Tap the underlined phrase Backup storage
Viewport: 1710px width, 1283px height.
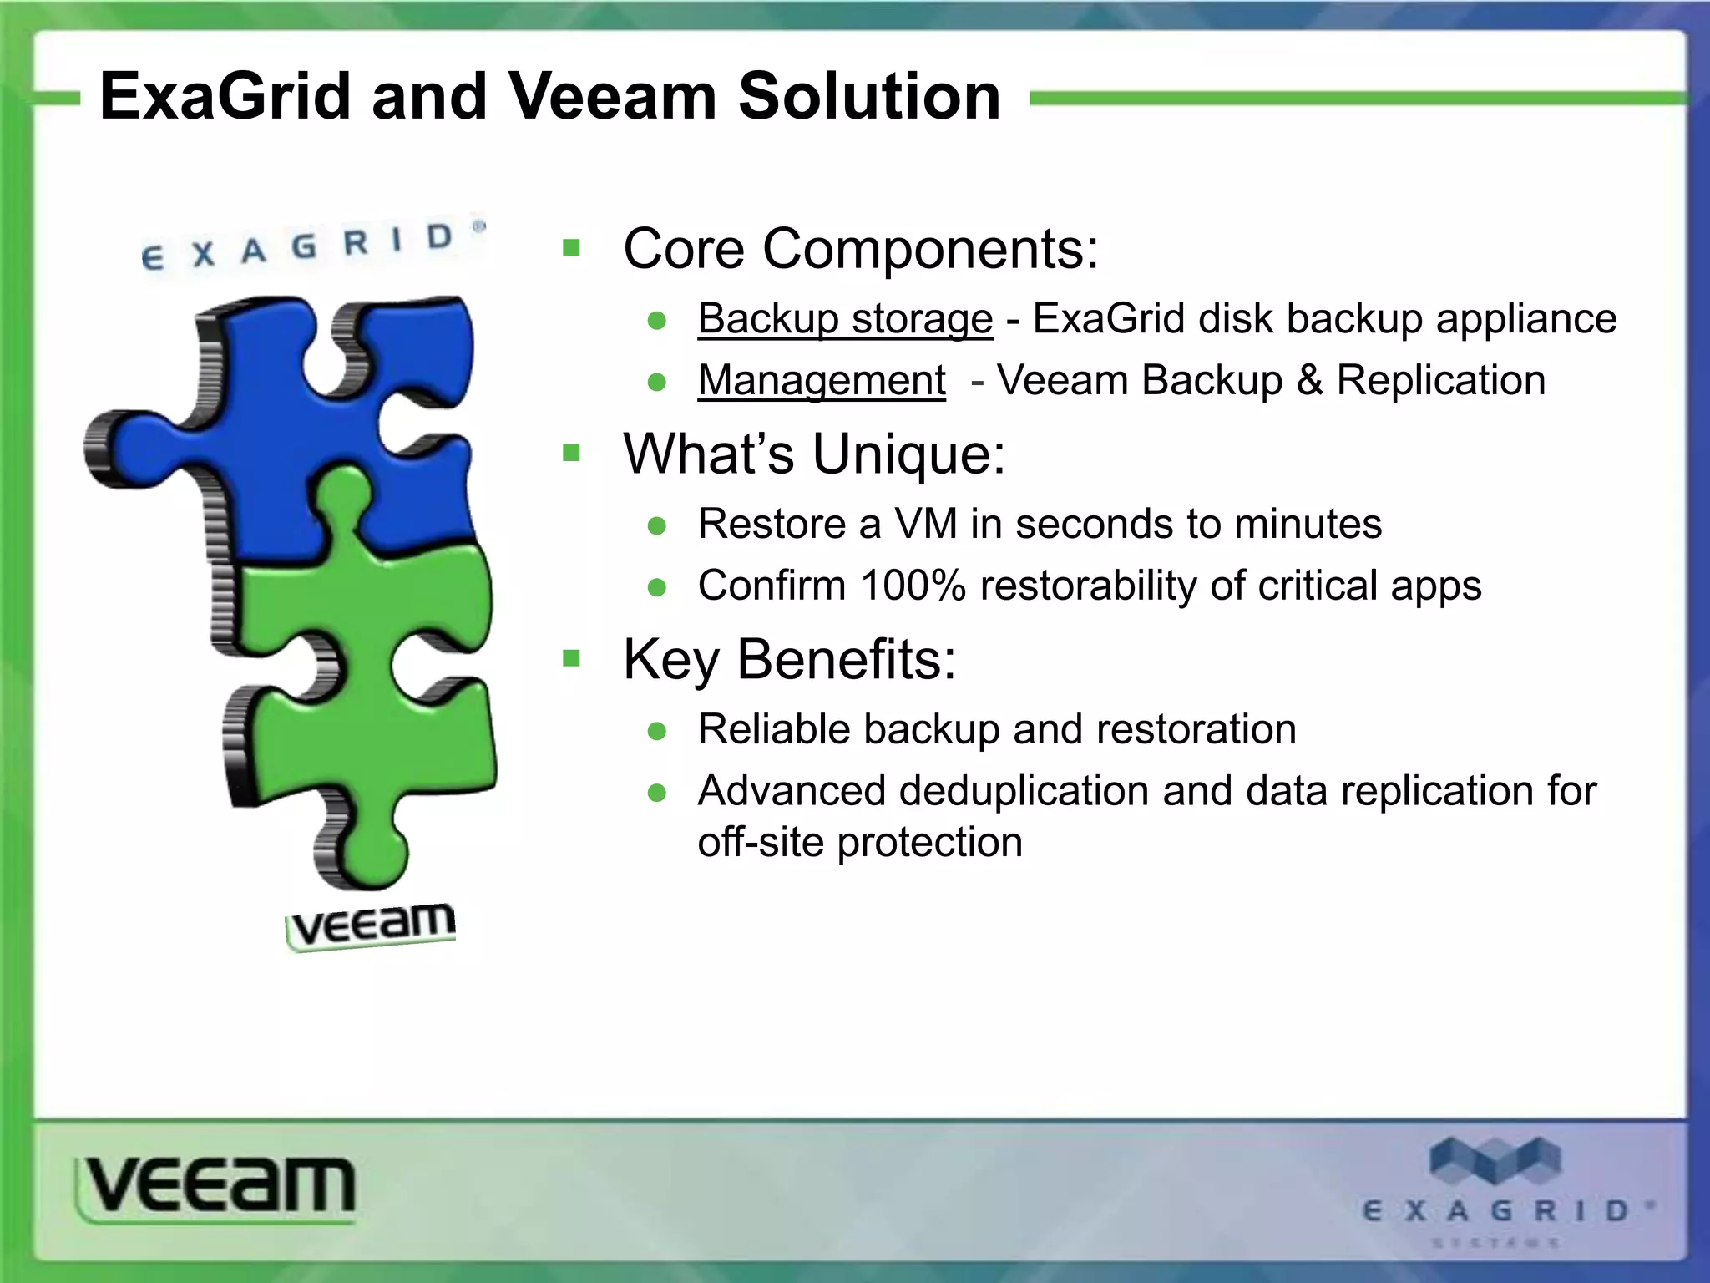pyautogui.click(x=845, y=319)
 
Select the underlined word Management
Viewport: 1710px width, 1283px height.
pyautogui.click(x=822, y=381)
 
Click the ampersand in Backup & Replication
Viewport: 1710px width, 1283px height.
pyautogui.click(x=1309, y=381)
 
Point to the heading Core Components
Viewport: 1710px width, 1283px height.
pyautogui.click(x=860, y=249)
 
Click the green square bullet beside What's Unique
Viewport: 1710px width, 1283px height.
pyautogui.click(x=572, y=454)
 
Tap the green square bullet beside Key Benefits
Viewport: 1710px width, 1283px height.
pyautogui.click(x=572, y=659)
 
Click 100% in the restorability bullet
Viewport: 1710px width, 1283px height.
pyautogui.click(x=913, y=586)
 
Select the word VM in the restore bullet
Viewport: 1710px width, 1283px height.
pyautogui.click(x=925, y=525)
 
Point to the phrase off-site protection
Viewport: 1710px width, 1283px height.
pyautogui.click(x=860, y=842)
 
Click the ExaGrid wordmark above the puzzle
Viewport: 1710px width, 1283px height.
pyautogui.click(x=309, y=246)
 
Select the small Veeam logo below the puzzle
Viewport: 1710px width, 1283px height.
pyautogui.click(x=372, y=925)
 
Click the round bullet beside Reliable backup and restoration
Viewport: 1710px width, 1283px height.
pyautogui.click(x=657, y=732)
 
